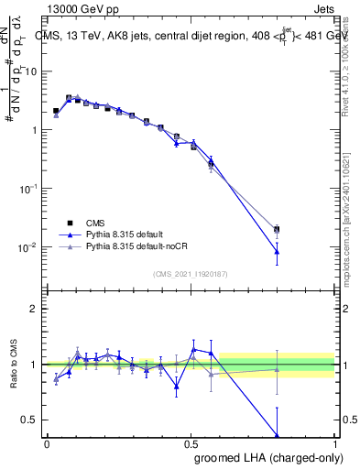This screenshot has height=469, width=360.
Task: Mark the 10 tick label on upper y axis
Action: tap(33, 71)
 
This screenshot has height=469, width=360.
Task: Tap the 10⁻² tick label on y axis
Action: tap(30, 246)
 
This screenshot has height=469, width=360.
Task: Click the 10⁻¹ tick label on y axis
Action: tap(30, 188)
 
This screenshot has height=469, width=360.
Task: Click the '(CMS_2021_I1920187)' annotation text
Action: tap(191, 274)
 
